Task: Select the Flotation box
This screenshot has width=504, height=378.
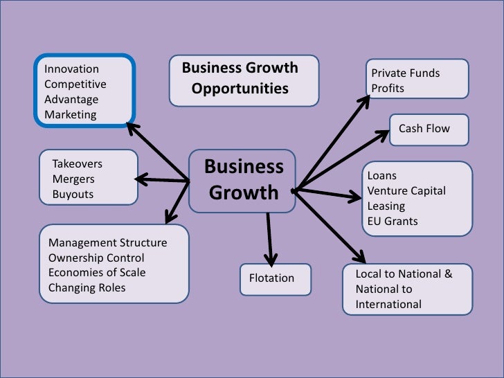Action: [x=271, y=278]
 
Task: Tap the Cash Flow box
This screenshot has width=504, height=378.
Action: [x=424, y=129]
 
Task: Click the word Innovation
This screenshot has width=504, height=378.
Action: [x=71, y=69]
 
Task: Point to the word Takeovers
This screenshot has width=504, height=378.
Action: [x=78, y=164]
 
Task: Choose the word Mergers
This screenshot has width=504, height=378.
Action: [x=73, y=179]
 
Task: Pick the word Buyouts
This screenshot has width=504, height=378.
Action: [x=73, y=195]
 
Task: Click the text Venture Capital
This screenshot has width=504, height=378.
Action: [x=406, y=191]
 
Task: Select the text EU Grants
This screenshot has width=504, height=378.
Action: [x=393, y=222]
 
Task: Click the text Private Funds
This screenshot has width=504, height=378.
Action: [x=406, y=73]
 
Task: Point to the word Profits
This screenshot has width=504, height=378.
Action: [x=388, y=89]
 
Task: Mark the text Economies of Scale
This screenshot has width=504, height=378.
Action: [x=97, y=272]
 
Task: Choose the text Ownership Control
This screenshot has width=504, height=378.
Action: [x=96, y=258]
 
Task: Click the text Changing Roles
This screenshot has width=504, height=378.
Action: [x=87, y=287]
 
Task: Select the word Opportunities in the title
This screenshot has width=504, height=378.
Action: [x=240, y=89]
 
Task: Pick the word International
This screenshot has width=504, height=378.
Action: [x=388, y=305]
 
